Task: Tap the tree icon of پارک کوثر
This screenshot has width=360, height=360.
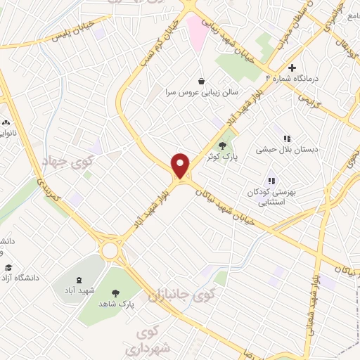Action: coord(232,146)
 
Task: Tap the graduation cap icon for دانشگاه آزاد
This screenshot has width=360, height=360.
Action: coord(8,268)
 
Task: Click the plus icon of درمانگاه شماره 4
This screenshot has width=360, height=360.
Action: coord(292,67)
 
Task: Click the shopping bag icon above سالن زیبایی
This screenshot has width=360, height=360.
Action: coord(202,81)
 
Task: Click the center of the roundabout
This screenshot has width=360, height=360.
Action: coord(110,250)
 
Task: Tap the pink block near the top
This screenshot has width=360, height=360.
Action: coord(196,32)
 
